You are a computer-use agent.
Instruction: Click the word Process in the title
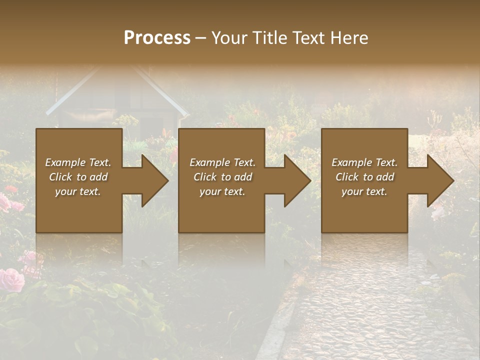(x=157, y=38)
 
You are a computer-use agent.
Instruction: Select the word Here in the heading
(x=349, y=38)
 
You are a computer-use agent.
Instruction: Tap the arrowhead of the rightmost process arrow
(x=440, y=180)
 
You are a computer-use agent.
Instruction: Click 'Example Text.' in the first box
(x=78, y=162)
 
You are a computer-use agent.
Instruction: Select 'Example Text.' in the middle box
(x=222, y=162)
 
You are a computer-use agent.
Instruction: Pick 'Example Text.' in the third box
(x=364, y=162)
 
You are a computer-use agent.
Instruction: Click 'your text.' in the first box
(x=78, y=191)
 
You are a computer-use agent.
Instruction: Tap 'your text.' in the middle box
(x=222, y=191)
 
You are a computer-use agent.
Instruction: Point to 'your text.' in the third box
(x=364, y=191)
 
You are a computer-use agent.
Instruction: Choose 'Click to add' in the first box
(x=78, y=177)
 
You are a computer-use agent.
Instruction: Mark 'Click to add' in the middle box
(x=222, y=177)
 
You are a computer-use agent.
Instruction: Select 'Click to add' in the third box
(x=364, y=177)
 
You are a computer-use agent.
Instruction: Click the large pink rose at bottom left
(x=11, y=279)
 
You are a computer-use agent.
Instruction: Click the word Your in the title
(x=228, y=38)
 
